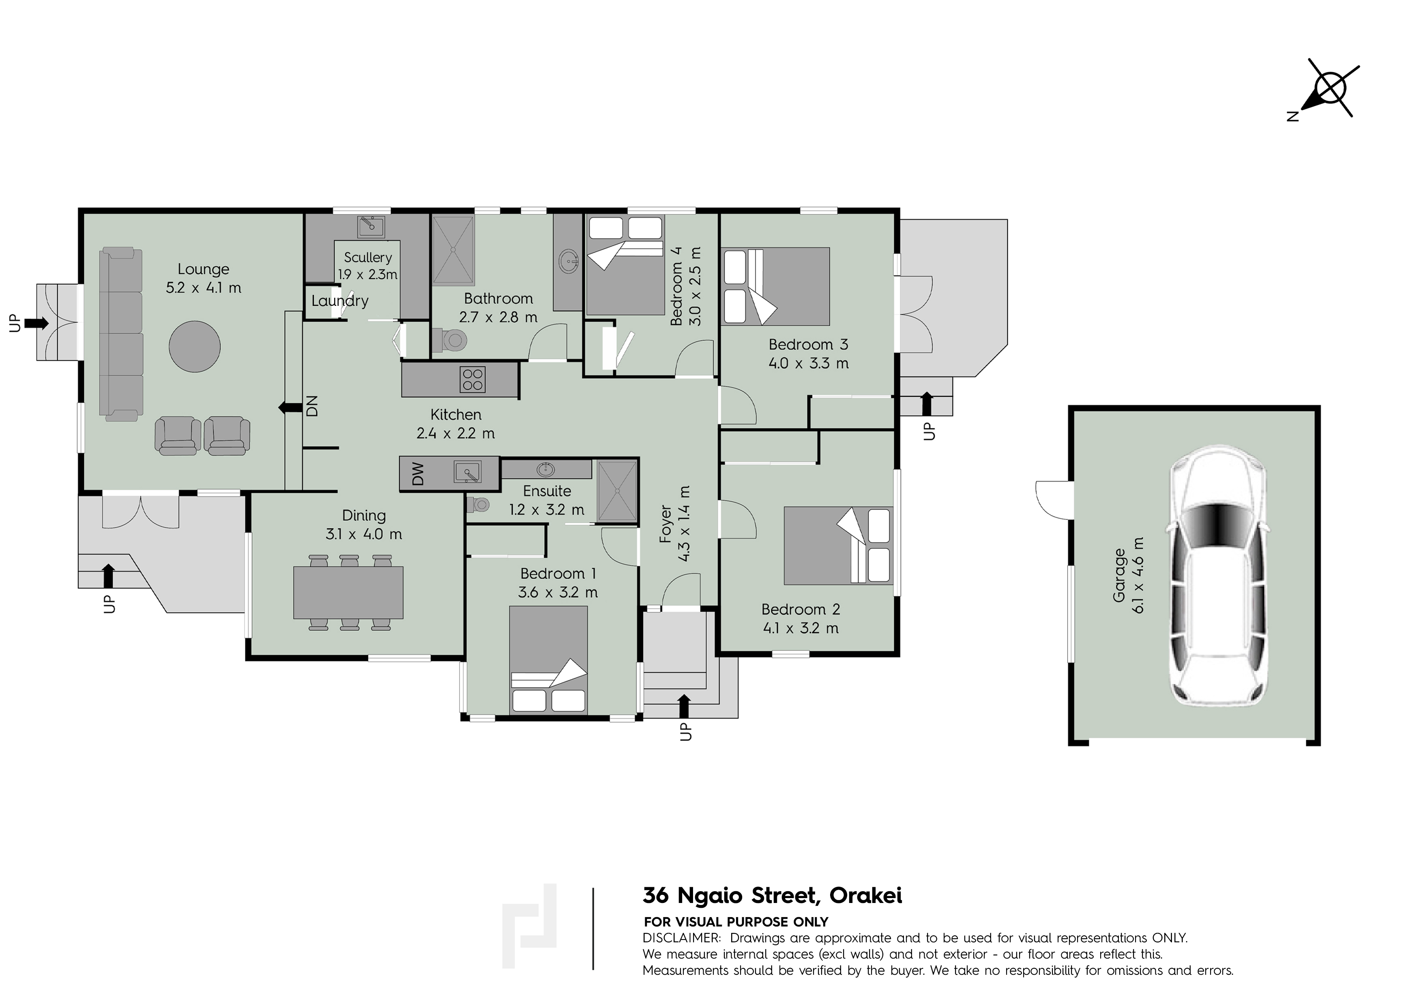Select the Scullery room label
coord(368,257)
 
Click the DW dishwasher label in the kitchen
coord(418,474)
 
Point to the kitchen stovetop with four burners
coord(473,379)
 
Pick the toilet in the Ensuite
coord(479,505)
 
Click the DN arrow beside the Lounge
coord(288,408)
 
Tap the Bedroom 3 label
coord(808,345)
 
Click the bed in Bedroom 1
coord(549,660)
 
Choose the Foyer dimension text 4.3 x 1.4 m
coord(684,524)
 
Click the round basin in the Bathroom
coord(568,262)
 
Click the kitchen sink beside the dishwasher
coord(467,472)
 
